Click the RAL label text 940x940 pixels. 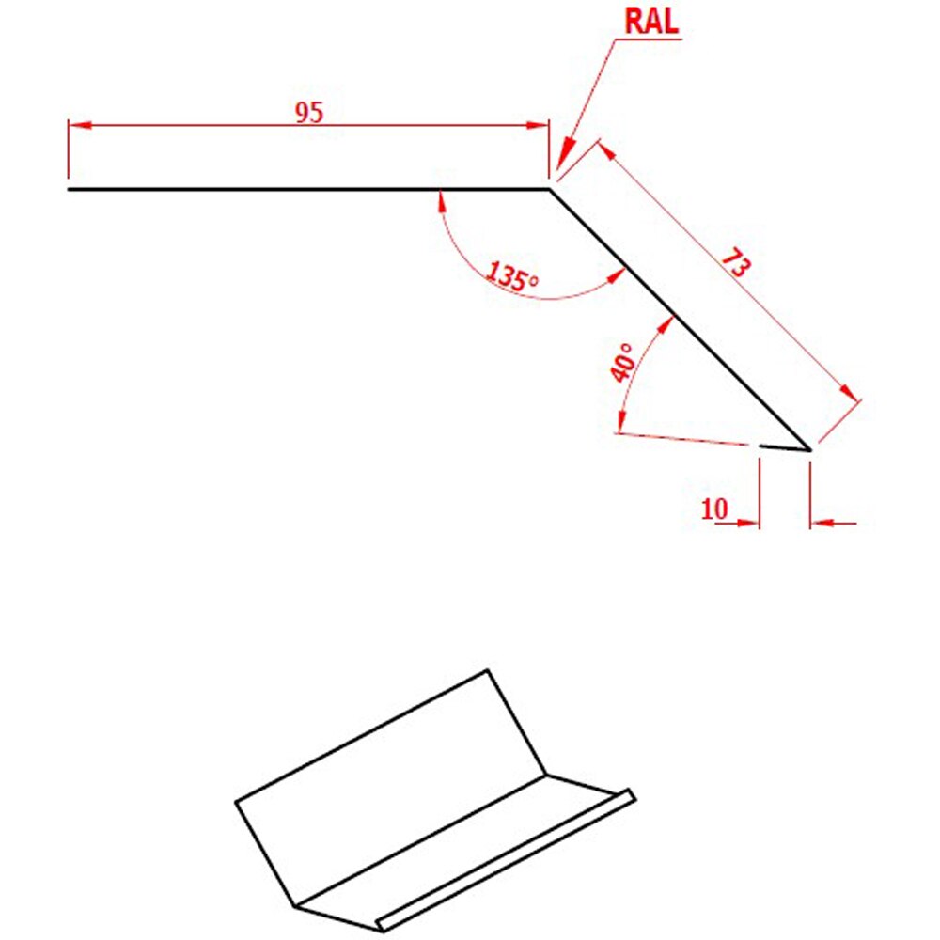[651, 21]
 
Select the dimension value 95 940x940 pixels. [309, 113]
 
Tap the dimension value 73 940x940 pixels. [735, 264]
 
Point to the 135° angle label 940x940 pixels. [512, 276]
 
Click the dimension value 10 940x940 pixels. [714, 509]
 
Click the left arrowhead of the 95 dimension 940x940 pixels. [80, 125]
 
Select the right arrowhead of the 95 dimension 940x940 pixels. [537, 125]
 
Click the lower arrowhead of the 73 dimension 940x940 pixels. [850, 393]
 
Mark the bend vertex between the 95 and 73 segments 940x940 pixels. [550, 190]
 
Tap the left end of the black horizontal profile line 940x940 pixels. [69, 190]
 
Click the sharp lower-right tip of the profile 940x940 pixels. [810, 449]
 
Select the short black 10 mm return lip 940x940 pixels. [785, 447]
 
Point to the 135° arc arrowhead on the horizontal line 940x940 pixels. [442, 201]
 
